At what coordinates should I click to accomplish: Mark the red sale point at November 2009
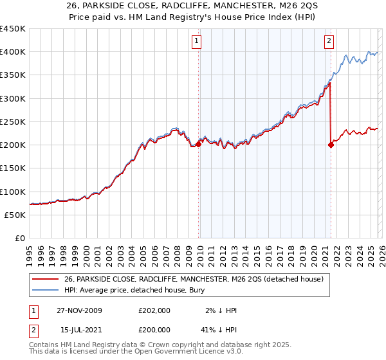(198, 144)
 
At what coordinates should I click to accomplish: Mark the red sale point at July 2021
(331, 145)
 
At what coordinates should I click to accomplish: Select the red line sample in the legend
(45, 279)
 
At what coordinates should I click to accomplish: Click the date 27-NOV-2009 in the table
(78, 310)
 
